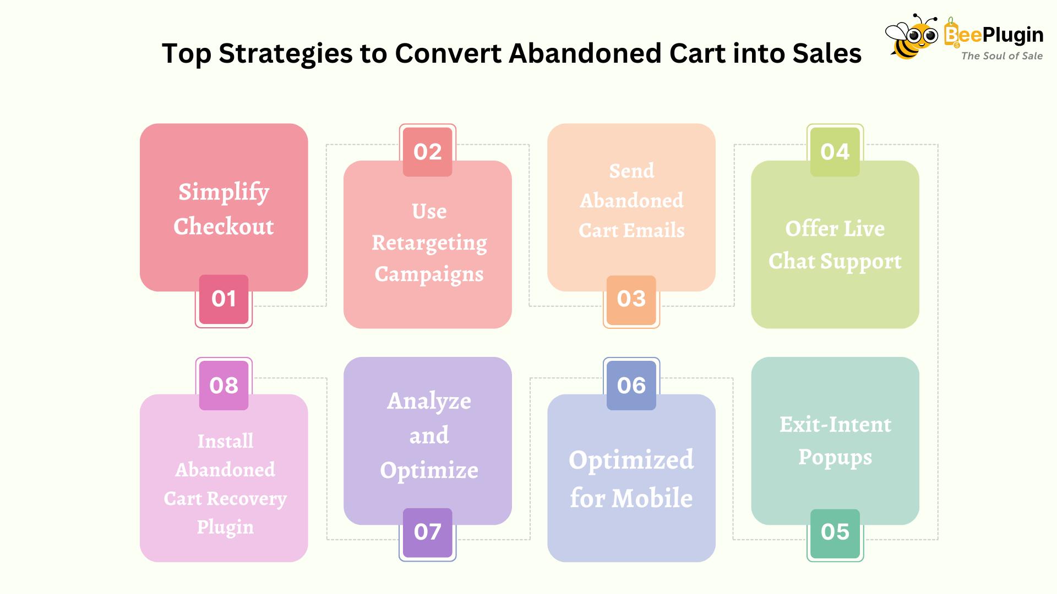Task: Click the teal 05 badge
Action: [x=835, y=533]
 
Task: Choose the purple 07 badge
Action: [x=428, y=533]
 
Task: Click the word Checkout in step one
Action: [x=224, y=227]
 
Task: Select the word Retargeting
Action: [x=429, y=243]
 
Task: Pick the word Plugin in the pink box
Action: [x=225, y=527]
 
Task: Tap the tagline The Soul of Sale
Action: [x=1002, y=56]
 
